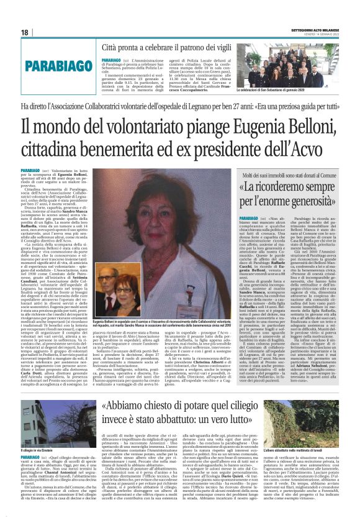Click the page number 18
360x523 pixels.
[x=25, y=32]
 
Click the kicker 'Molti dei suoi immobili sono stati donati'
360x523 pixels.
[x=286, y=161]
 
